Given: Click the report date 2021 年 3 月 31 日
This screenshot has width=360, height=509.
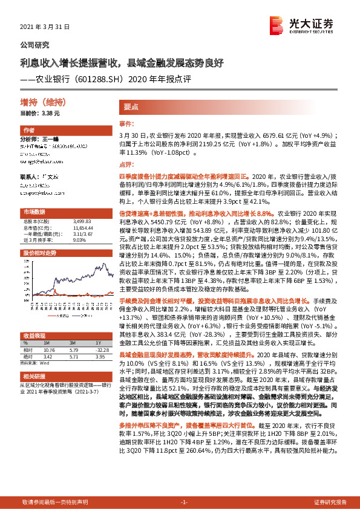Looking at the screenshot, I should [45, 27].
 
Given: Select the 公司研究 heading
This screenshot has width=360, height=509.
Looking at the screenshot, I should [35, 45].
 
